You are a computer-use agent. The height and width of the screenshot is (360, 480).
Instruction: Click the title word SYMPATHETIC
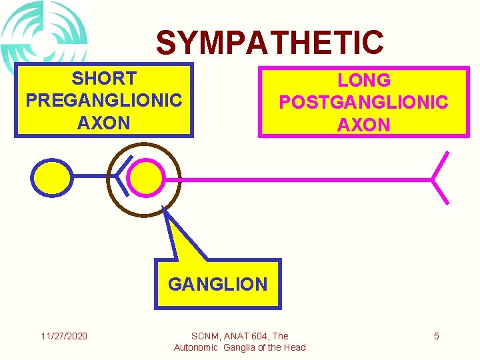pyautogui.click(x=269, y=43)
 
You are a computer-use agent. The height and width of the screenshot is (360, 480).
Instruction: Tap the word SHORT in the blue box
pyautogui.click(x=103, y=79)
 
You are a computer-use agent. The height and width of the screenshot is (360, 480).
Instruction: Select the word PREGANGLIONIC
pyautogui.click(x=103, y=101)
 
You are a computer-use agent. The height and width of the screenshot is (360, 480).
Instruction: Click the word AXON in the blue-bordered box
pyautogui.click(x=103, y=123)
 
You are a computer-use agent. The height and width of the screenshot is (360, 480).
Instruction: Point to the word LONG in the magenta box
pyautogui.click(x=363, y=81)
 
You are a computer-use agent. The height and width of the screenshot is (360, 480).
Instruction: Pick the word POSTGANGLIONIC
pyautogui.click(x=363, y=103)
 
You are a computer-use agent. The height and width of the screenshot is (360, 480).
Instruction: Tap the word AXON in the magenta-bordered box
pyautogui.click(x=363, y=125)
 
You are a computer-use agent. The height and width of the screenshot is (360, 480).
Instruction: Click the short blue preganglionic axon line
pyautogui.click(x=93, y=175)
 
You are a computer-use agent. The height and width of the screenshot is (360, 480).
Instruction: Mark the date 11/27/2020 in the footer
pyautogui.click(x=63, y=336)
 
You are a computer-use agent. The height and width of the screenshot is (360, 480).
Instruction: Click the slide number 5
pyautogui.click(x=436, y=336)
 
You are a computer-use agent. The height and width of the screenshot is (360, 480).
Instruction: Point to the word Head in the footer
pyautogui.click(x=293, y=347)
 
